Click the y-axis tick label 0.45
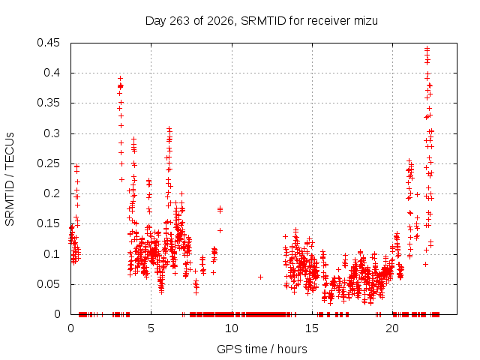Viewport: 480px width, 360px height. click(48, 43)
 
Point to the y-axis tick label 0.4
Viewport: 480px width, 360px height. click(52, 73)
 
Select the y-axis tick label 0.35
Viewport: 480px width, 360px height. click(48, 103)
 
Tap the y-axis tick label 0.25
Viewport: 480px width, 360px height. click(48, 163)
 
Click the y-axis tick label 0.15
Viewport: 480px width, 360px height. click(48, 223)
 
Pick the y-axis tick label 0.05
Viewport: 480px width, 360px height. click(48, 284)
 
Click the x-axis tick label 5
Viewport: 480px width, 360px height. click(151, 328)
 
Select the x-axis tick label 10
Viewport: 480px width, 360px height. click(232, 328)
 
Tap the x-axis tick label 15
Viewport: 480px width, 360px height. click(312, 328)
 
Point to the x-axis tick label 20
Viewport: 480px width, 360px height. click(392, 328)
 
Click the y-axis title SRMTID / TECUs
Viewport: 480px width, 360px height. click(10, 179)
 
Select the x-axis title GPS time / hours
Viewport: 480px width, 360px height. click(262, 349)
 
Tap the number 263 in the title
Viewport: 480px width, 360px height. click(179, 21)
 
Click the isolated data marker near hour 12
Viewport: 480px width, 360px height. click(260, 277)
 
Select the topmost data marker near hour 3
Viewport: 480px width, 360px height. click(120, 79)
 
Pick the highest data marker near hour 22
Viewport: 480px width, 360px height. click(427, 48)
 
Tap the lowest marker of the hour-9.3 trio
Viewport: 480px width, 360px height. click(220, 230)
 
